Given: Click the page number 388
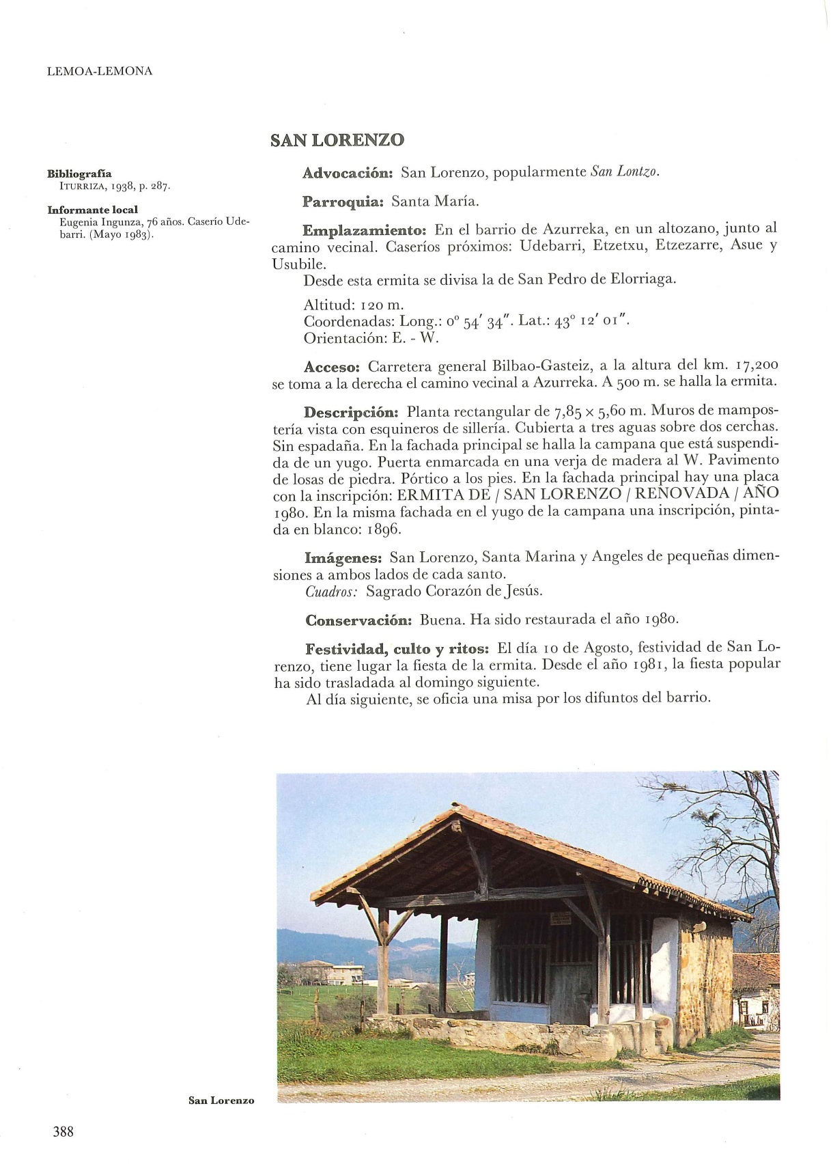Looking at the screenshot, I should tap(63, 1131).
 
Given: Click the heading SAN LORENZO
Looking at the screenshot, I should tap(337, 140).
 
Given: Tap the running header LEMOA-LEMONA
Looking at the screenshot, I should tap(100, 71).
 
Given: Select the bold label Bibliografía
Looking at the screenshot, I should tap(79, 174).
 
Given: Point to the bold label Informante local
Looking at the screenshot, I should tap(92, 210).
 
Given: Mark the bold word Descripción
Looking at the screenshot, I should tap(351, 413).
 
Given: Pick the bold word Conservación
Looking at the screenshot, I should tap(358, 620).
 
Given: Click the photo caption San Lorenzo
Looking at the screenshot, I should tap(221, 1101).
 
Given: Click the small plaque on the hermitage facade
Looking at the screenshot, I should tap(561, 917).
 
